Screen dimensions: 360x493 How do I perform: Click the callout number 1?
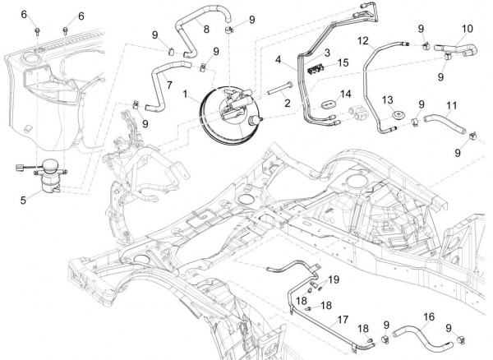pyautogui.click(x=187, y=95)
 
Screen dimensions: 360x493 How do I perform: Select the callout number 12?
pyautogui.click(x=362, y=39)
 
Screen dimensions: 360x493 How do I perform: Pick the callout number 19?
pyautogui.click(x=334, y=280)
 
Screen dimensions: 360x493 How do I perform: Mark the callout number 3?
pyautogui.click(x=326, y=52)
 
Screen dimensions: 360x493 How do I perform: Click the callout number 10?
pyautogui.click(x=467, y=29)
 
